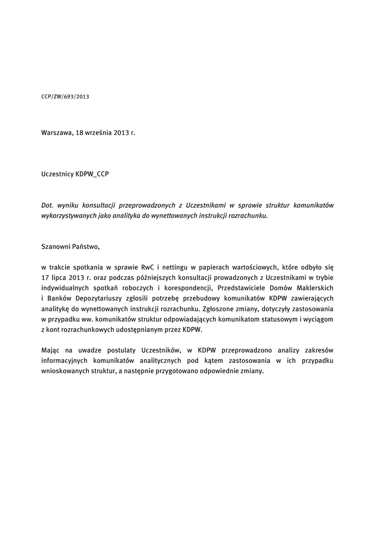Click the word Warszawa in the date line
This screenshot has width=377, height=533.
57,133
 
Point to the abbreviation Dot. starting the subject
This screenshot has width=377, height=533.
47,205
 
